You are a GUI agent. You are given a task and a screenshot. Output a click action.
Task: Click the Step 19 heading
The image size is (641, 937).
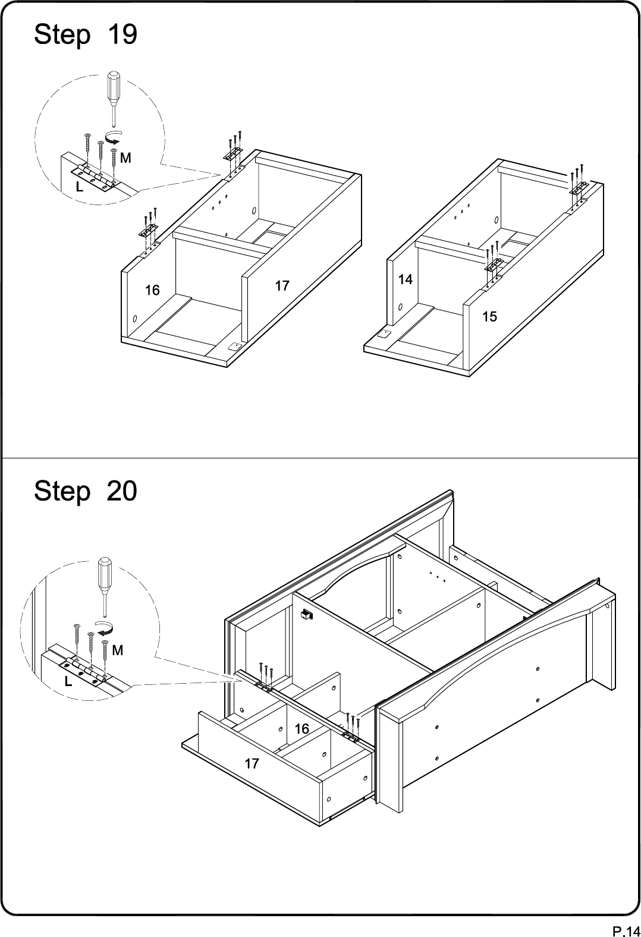point(86,34)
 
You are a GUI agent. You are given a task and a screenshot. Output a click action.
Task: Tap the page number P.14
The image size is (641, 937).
point(626,930)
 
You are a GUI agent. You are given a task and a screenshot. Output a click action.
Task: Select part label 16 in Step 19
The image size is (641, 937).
point(152,290)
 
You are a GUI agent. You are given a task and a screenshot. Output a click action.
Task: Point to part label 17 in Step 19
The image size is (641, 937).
point(282,286)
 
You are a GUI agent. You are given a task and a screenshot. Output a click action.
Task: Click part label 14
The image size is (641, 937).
point(405,279)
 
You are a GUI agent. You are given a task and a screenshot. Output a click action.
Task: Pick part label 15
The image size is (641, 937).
point(489,317)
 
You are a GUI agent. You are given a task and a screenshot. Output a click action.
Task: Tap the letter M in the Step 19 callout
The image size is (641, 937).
point(125,158)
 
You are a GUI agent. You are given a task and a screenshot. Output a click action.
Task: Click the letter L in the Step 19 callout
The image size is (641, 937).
point(80,188)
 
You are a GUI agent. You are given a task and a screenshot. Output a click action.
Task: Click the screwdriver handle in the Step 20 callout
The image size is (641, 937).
point(104,572)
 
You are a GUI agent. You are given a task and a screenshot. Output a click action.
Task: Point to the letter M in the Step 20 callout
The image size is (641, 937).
point(118,650)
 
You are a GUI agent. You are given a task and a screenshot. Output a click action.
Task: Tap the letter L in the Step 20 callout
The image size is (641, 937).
point(68,681)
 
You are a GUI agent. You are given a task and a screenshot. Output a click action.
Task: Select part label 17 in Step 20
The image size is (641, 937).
point(252,764)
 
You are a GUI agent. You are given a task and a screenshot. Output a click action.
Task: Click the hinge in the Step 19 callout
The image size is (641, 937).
point(94,178)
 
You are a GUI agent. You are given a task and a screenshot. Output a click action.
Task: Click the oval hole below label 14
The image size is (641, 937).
point(400,307)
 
